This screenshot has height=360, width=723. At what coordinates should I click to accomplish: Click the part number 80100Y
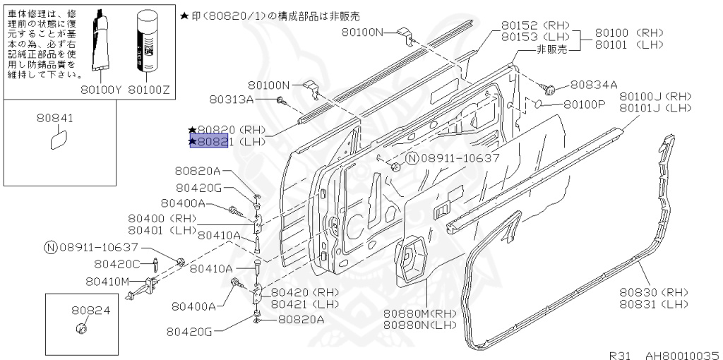coord(102,90)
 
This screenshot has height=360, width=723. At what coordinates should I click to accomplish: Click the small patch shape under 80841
coord(55,142)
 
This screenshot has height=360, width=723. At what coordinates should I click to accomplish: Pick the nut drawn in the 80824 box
coord(80,329)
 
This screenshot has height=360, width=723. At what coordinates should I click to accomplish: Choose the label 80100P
coord(585,104)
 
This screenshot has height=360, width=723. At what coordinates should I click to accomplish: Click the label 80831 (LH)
coord(655,304)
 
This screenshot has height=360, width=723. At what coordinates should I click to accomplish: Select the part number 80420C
coord(117,265)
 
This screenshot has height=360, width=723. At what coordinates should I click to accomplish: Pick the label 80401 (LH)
coord(162,229)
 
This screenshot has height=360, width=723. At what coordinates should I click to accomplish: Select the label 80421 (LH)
coord(305,304)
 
